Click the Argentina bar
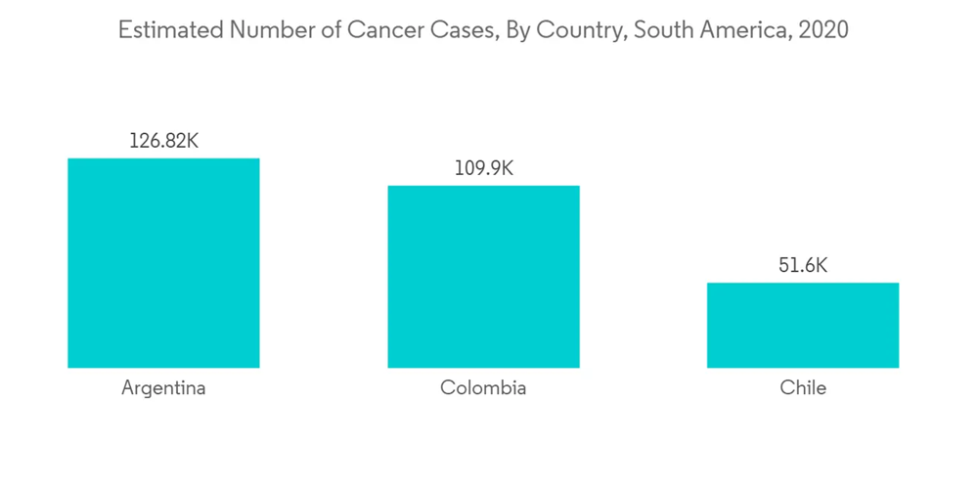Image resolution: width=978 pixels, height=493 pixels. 163,262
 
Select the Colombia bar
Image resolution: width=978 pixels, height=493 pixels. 483,277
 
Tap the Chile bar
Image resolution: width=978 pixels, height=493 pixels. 802,325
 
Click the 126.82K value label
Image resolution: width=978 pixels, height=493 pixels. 163,141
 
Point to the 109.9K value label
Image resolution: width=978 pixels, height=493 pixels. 483,168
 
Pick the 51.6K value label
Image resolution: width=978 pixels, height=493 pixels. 802,266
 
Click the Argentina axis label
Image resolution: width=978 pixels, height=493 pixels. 163,388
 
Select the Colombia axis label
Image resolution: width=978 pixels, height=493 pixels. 483,388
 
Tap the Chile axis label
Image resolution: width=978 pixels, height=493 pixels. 802,388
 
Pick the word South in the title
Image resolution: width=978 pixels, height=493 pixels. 661,30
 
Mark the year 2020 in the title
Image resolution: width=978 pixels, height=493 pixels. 822,30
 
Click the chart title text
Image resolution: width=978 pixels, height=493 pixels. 483,30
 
